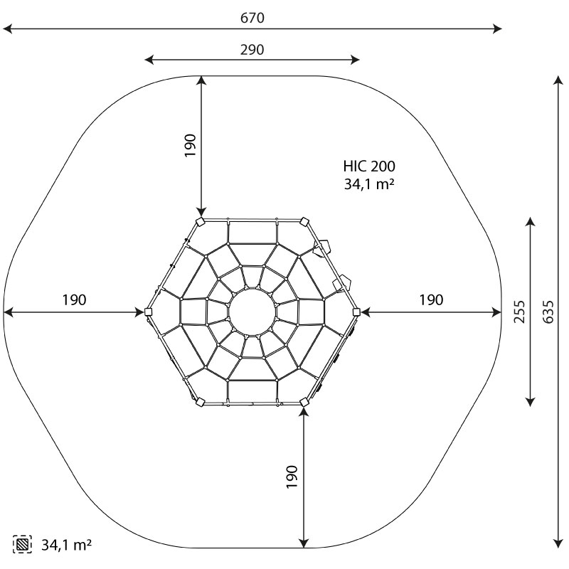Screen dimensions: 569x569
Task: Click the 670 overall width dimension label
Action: tap(252, 17)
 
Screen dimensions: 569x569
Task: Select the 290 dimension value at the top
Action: tap(252, 49)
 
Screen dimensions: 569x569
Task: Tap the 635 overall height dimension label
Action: tap(548, 312)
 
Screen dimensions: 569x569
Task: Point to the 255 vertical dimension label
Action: tap(519, 312)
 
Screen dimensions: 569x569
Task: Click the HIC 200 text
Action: tap(369, 166)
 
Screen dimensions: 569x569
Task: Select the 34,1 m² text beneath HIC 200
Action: tap(369, 184)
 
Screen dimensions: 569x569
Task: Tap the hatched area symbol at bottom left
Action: tap(22, 544)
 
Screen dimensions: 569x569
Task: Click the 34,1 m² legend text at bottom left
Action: tap(66, 545)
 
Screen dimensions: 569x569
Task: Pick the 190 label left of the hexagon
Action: tap(74, 299)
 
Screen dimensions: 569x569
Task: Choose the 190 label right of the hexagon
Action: tap(431, 299)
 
